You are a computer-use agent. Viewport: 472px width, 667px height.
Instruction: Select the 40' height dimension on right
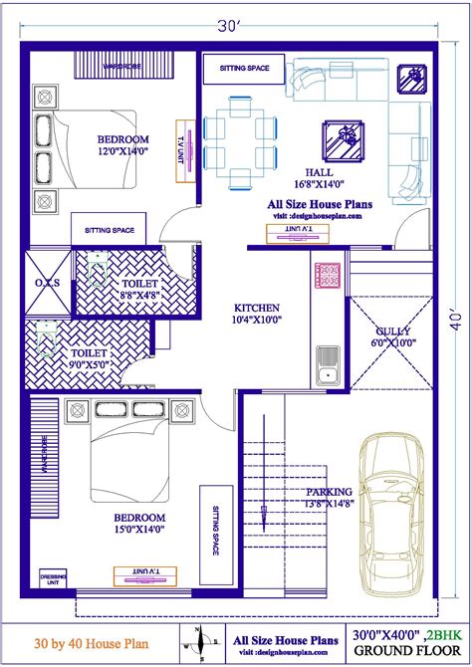[x=456, y=322]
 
